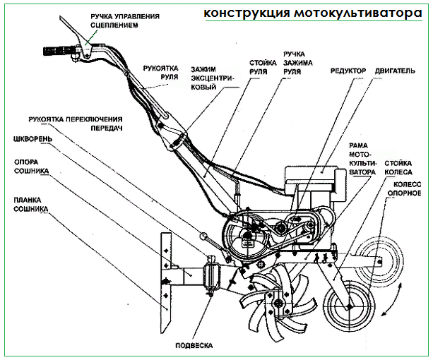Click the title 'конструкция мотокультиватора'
click(313, 13)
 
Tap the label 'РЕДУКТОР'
click(348, 71)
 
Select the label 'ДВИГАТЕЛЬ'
click(395, 71)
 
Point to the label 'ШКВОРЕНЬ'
click(32, 139)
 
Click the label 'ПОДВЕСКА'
click(194, 345)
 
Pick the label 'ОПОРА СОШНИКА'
click(31, 167)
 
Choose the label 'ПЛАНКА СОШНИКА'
click(31, 205)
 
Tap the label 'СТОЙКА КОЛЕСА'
click(398, 168)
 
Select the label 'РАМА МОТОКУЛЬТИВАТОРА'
click(362, 159)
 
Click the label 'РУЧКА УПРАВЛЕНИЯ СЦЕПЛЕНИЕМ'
click(125, 20)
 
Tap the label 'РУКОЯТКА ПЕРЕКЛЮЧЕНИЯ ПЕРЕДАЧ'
click(76, 124)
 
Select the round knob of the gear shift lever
click(203, 236)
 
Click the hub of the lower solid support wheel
click(350, 306)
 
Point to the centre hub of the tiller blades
click(277, 303)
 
